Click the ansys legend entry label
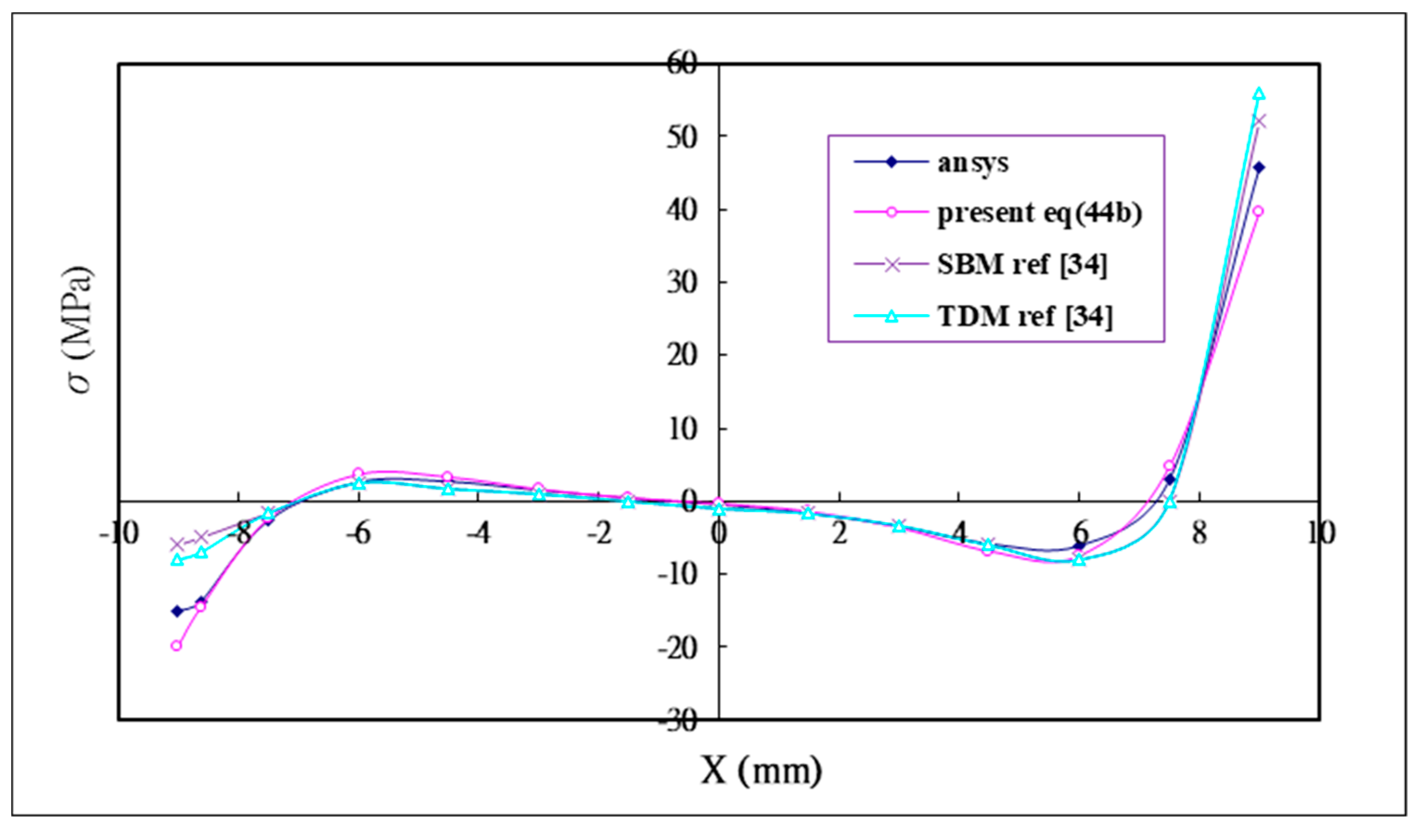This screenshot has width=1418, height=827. click(972, 163)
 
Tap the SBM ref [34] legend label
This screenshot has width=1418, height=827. click(1021, 265)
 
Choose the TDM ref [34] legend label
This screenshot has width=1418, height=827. click(1025, 317)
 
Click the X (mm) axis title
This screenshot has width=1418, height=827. click(761, 770)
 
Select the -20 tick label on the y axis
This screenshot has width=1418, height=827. click(678, 647)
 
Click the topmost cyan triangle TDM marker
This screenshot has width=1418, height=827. click(1259, 93)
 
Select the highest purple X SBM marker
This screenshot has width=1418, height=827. click(1259, 121)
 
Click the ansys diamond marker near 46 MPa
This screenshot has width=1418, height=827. click(1259, 167)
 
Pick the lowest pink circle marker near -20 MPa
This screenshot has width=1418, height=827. click(176, 646)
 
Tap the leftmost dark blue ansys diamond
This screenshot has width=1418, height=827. click(177, 611)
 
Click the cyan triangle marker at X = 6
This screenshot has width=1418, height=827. click(1079, 560)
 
